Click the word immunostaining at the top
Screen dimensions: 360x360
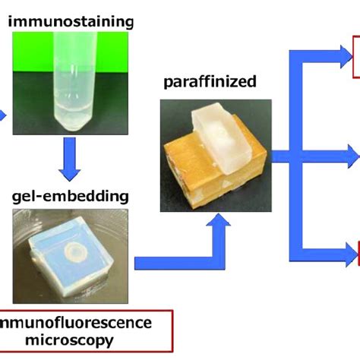pos(70,21)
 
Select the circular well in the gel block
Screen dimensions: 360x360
pos(79,251)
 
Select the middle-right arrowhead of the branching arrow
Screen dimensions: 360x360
pos(350,156)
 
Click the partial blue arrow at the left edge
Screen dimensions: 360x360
pos(3,115)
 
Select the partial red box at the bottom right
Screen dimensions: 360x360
pos(358,253)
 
